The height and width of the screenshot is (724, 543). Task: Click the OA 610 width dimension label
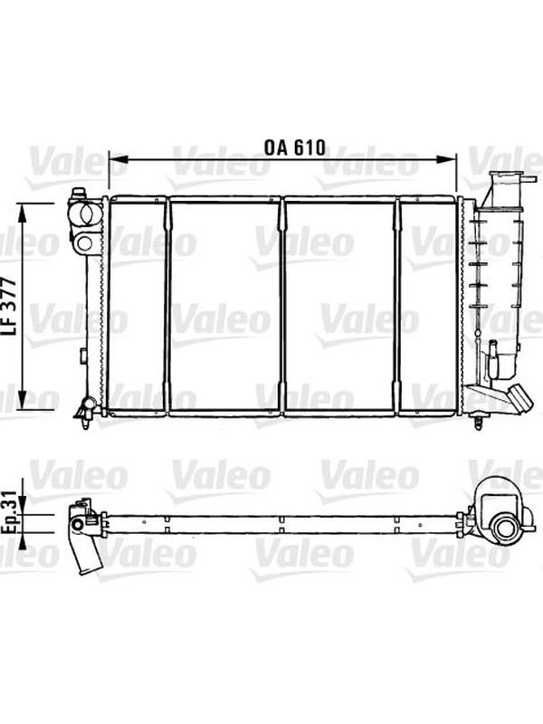295,148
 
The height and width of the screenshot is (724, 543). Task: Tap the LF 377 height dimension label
9,306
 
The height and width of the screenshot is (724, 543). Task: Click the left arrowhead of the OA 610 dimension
118,159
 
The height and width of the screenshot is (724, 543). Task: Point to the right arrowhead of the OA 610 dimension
446,159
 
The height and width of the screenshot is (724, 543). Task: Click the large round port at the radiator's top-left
85,214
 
